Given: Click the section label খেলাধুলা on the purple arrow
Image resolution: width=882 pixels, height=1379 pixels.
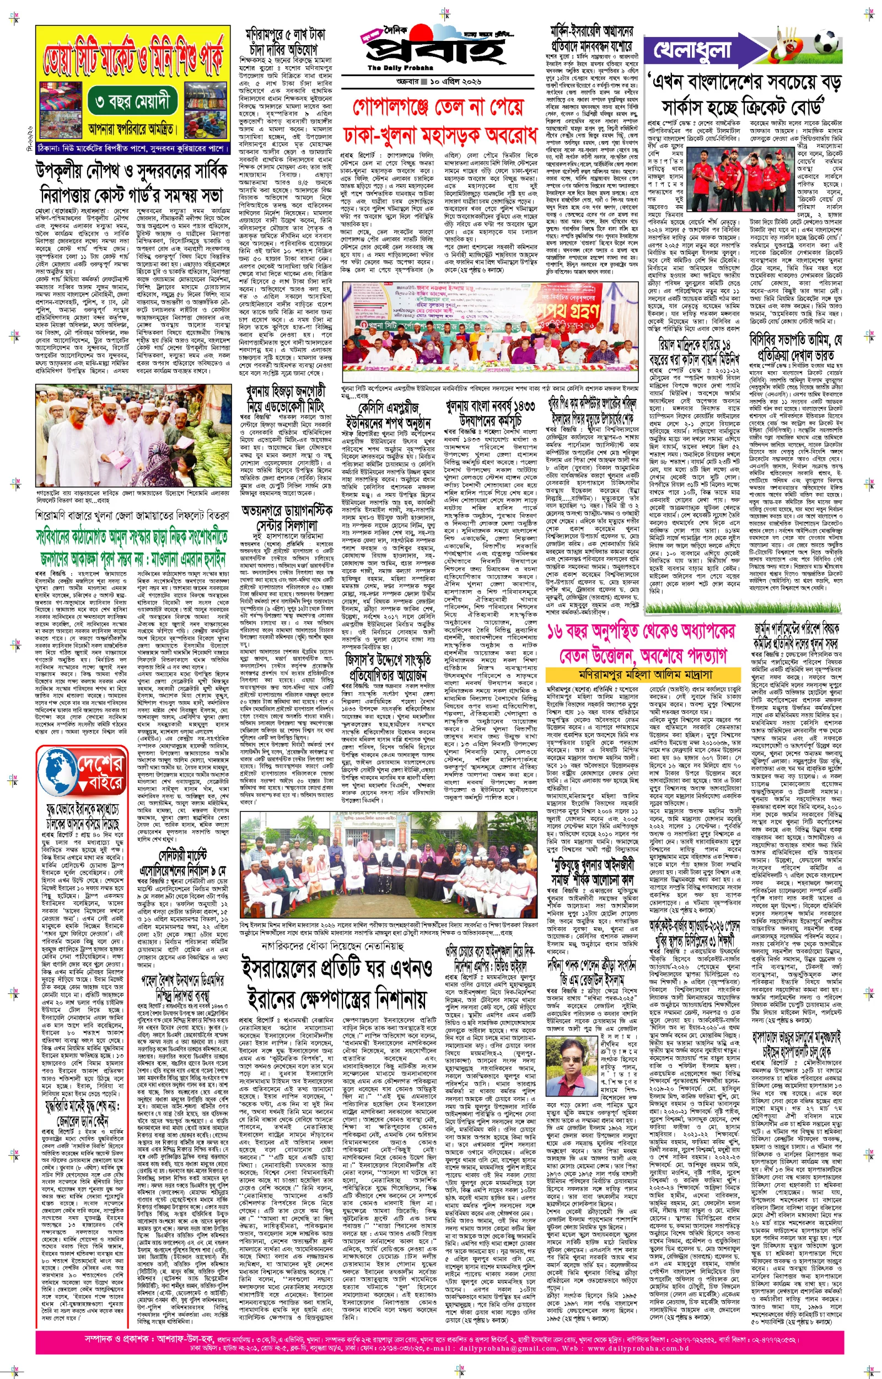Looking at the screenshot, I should point(693,50).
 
